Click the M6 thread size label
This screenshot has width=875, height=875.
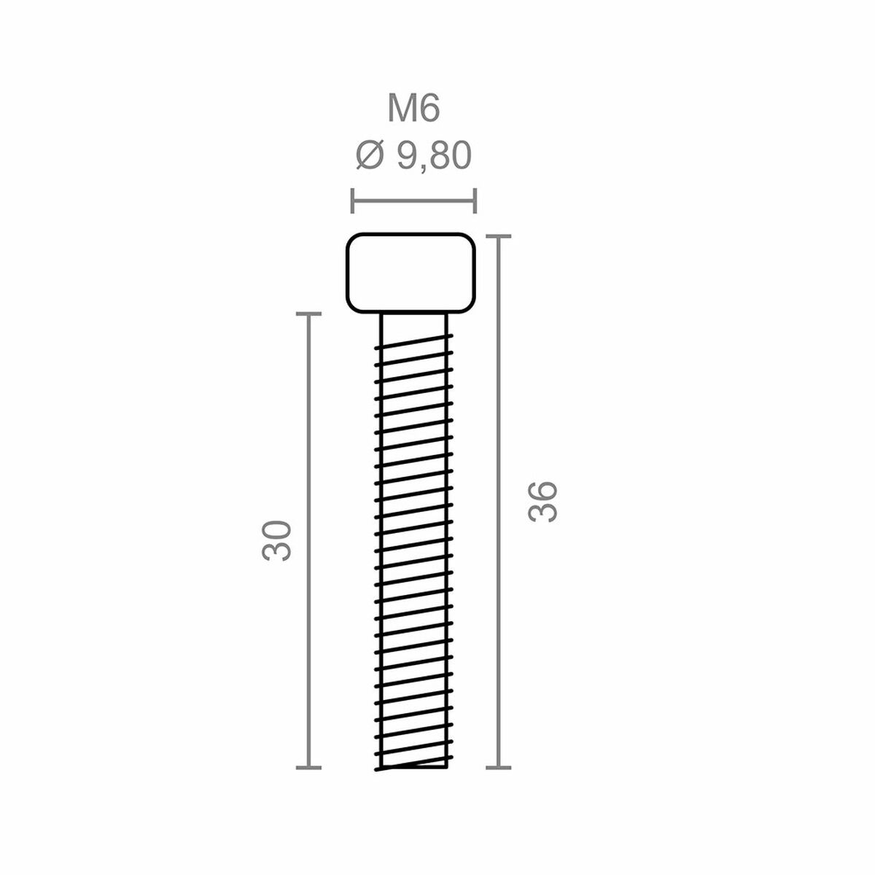[413, 109]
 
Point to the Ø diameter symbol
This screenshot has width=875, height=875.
[370, 155]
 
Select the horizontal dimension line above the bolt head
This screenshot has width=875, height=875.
[413, 200]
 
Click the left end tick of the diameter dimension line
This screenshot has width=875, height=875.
[353, 200]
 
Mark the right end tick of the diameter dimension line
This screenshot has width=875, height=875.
[475, 200]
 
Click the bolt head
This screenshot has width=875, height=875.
[411, 273]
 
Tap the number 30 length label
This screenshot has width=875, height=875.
[277, 540]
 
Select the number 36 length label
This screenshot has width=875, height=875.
[543, 501]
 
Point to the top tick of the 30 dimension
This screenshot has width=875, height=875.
[309, 314]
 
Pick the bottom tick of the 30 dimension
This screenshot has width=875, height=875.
[309, 767]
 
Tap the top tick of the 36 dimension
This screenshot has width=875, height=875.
[499, 236]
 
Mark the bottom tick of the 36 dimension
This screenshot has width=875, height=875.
[499, 767]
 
